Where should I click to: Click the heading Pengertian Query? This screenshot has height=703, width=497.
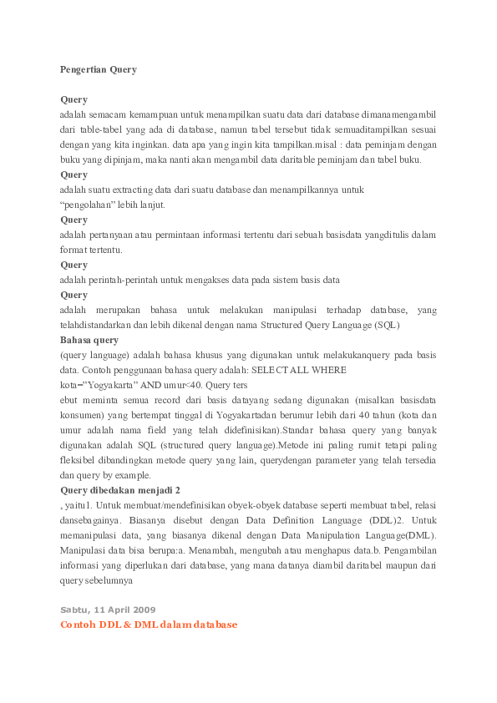tap(99, 69)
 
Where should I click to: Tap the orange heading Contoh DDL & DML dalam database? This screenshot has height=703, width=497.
tap(149, 625)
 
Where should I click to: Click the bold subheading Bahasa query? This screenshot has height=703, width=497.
tap(89, 340)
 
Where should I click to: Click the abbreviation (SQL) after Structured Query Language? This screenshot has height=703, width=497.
tap(385, 325)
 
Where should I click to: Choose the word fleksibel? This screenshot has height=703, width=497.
tap(83, 460)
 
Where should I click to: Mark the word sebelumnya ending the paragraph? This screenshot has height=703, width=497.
tap(107, 580)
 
